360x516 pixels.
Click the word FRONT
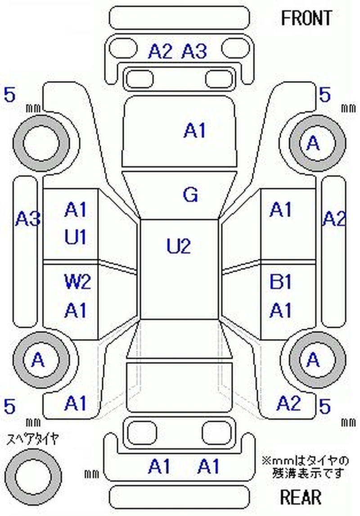click(306, 18)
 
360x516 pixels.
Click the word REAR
click(301, 498)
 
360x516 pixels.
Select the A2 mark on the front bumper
click(160, 52)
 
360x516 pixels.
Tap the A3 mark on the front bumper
click(194, 52)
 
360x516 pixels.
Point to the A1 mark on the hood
click(194, 131)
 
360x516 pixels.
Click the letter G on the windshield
click(191, 195)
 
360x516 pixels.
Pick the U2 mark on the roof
click(179, 246)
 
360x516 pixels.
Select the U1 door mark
click(75, 237)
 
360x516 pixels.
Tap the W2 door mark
click(77, 283)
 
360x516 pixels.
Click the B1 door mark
click(281, 283)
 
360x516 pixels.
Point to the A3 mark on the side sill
click(28, 219)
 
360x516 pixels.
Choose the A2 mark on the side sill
click(333, 219)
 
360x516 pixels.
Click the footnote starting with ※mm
click(305, 467)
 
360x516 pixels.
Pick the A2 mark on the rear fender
click(288, 403)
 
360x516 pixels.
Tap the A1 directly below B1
click(281, 310)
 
